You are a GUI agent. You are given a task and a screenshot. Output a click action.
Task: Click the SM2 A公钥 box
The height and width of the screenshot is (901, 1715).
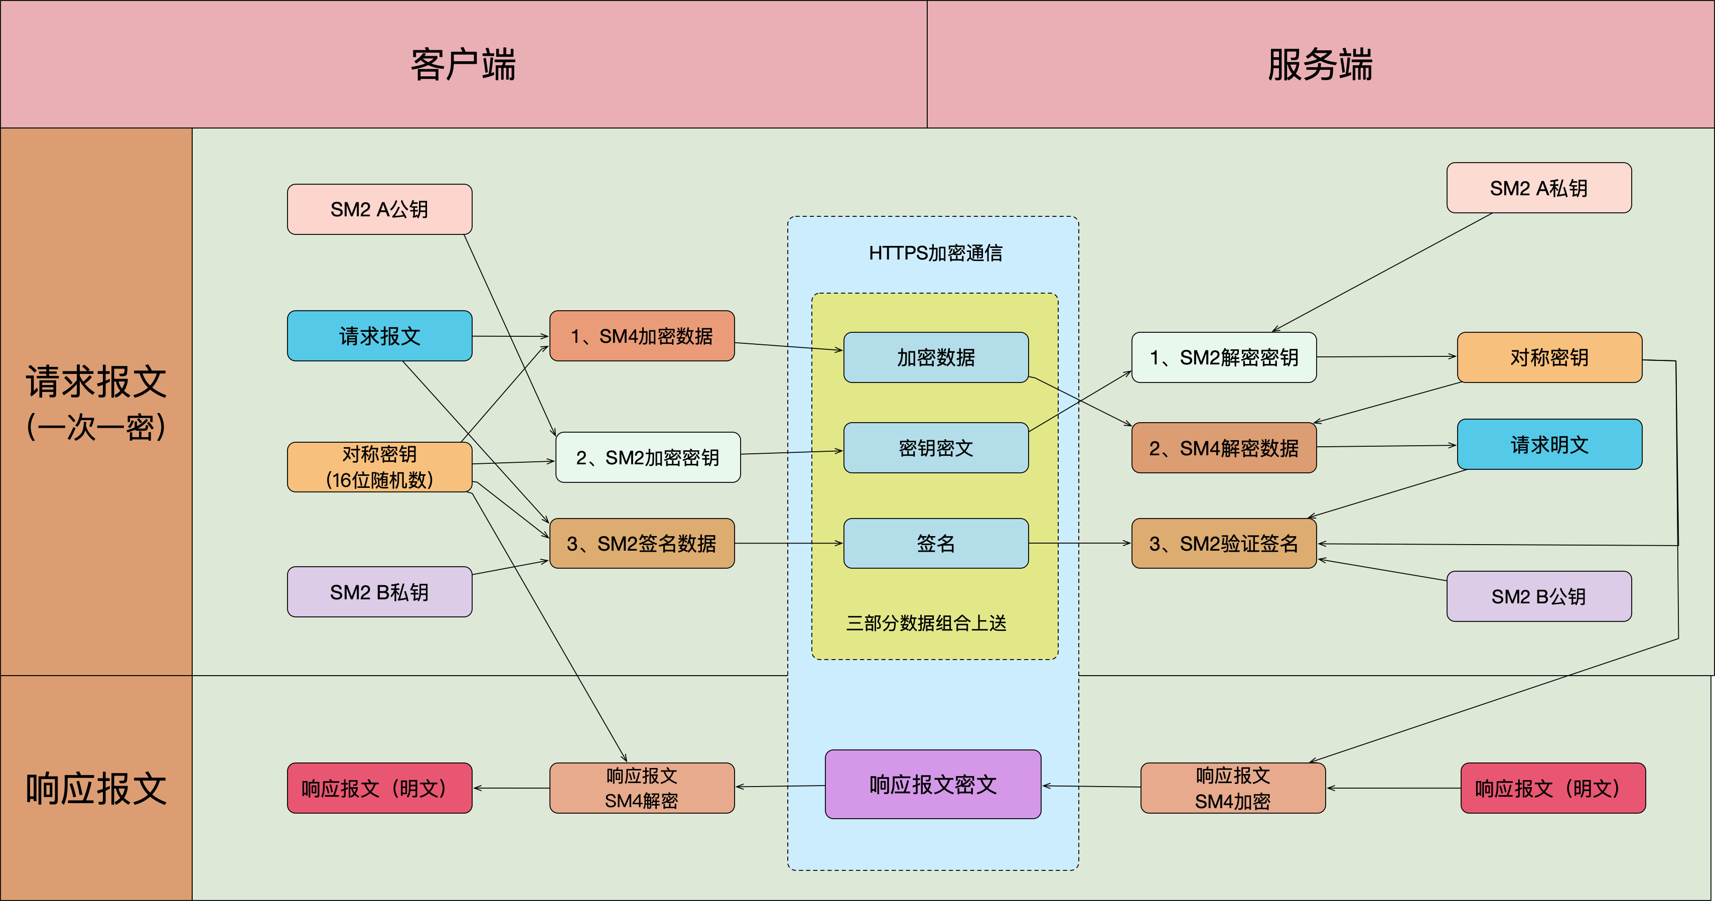point(379,209)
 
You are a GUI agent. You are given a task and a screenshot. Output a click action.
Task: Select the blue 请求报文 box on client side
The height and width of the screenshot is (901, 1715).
point(379,336)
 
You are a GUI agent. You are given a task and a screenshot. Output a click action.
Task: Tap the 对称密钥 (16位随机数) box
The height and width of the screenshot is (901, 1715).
point(379,467)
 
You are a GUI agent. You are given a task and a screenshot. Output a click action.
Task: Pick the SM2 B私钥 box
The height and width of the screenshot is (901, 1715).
point(379,592)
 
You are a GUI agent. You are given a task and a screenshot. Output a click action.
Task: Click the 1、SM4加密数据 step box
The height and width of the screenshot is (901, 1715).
point(642,336)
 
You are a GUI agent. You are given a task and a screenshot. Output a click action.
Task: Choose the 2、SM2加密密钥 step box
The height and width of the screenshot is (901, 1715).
point(648,457)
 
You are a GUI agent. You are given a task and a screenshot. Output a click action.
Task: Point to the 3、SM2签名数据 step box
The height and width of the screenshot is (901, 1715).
point(642,544)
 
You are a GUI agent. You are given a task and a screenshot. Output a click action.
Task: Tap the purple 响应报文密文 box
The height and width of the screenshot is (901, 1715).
point(933,785)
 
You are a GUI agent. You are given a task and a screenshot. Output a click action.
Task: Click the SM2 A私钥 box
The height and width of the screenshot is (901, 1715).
point(1538,188)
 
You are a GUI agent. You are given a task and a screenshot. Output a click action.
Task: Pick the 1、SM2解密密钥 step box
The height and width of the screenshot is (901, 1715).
point(1224,357)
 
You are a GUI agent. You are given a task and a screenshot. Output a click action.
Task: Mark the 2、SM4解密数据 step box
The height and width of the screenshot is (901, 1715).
point(1224,448)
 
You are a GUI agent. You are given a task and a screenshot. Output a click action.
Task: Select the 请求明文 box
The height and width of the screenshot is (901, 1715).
point(1549,444)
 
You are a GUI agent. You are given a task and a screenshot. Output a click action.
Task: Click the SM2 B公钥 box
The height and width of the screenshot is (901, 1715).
point(1538,596)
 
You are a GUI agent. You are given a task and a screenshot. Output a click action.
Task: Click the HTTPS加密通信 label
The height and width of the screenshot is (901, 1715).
point(935,253)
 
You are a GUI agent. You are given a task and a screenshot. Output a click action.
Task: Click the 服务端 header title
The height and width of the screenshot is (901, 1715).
point(1320,65)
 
